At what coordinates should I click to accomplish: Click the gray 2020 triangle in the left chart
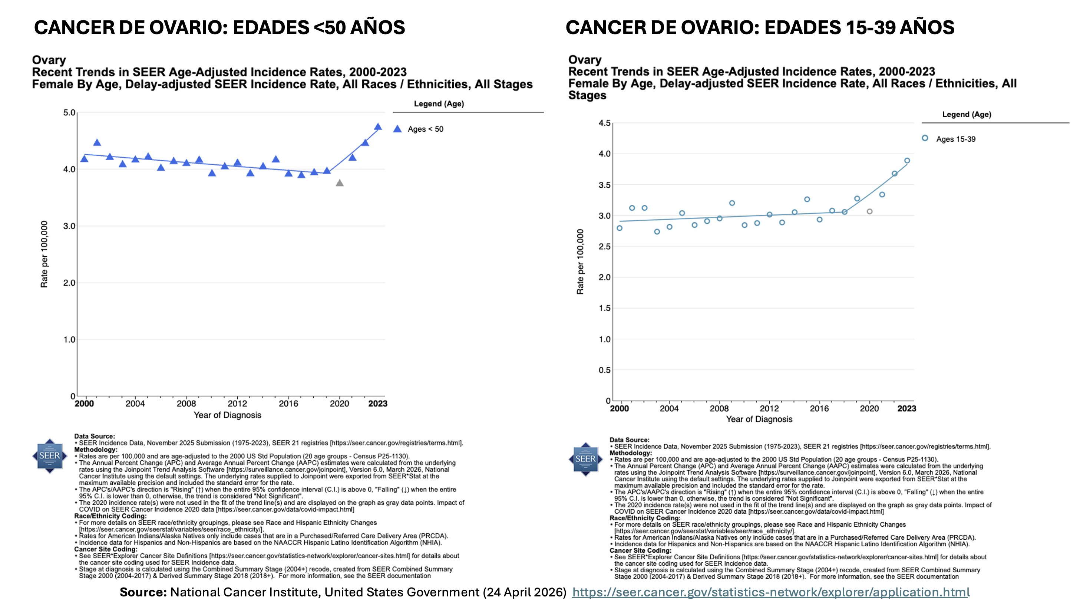point(339,183)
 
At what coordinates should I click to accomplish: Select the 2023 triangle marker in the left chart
point(378,126)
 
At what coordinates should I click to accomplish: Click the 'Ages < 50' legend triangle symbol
point(397,129)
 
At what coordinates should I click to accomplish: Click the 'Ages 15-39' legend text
point(956,139)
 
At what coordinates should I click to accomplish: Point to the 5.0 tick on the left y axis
point(69,113)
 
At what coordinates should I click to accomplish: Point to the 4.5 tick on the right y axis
point(605,123)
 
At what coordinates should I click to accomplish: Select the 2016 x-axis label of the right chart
point(819,408)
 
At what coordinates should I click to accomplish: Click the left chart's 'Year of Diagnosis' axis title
point(227,415)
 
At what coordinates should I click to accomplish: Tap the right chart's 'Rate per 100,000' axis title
point(580,261)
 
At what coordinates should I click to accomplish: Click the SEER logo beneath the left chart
point(50,456)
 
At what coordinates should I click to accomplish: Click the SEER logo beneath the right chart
point(585,459)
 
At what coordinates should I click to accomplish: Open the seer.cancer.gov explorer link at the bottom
point(770,592)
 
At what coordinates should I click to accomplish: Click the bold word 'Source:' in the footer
point(143,592)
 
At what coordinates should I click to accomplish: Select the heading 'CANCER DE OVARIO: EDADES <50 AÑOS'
point(219,27)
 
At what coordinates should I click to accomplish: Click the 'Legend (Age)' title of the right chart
point(967,114)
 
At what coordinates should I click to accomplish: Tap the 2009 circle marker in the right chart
point(732,203)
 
